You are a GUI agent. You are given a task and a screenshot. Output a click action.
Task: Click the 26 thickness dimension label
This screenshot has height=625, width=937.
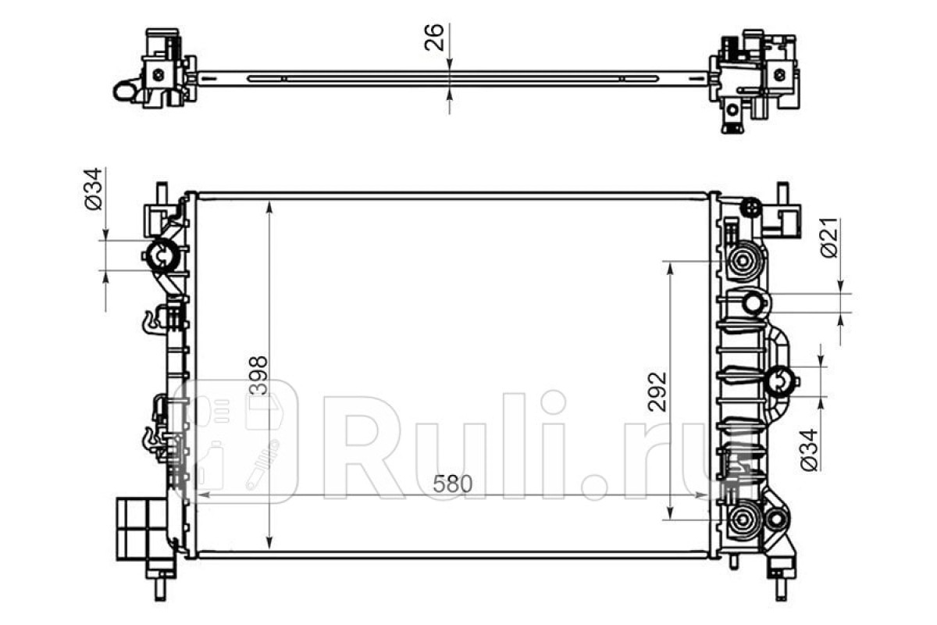coord(434,37)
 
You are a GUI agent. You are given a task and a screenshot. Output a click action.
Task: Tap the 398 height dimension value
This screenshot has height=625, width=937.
coord(258,376)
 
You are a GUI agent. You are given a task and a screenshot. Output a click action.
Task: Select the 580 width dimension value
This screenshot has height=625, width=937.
coord(453,484)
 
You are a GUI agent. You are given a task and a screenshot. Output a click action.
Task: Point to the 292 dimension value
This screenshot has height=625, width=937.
coord(657,391)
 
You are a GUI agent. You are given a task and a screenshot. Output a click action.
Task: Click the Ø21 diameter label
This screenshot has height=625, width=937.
coord(829,237)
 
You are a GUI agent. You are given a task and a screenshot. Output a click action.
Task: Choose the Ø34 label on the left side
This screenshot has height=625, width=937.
coord(93,189)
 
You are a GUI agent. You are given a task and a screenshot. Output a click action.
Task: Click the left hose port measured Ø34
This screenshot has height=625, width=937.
coord(161,255)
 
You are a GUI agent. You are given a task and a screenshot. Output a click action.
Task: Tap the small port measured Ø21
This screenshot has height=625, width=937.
coord(753,303)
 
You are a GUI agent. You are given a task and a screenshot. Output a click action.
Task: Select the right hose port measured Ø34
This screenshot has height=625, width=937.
coord(779,381)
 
